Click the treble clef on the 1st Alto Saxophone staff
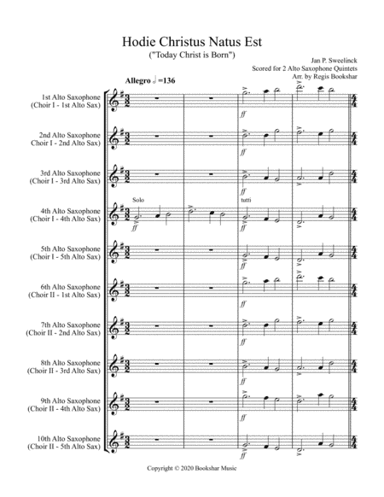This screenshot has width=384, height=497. pos(119,101)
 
